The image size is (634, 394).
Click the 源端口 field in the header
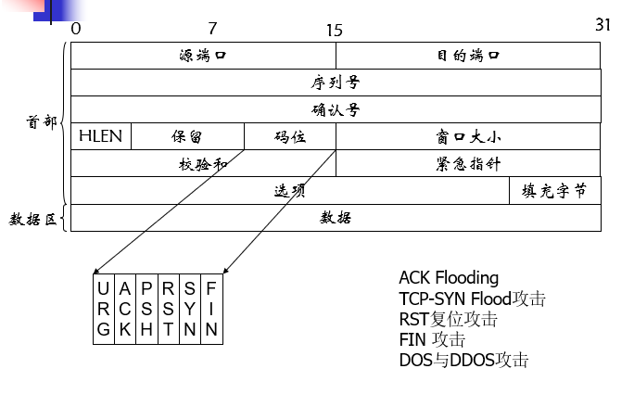click(x=203, y=56)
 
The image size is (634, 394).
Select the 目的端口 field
click(x=468, y=56)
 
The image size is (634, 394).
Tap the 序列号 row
click(x=336, y=83)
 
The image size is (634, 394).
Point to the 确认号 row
click(x=336, y=109)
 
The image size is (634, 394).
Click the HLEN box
click(x=100, y=136)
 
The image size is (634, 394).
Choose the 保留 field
click(x=187, y=136)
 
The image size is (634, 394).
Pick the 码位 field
click(x=290, y=136)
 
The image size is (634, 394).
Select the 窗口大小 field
click(x=468, y=136)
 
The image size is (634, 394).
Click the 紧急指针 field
click(x=468, y=163)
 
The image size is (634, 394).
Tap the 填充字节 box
click(x=554, y=190)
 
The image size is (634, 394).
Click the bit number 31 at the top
click(x=602, y=25)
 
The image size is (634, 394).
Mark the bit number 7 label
click(x=212, y=29)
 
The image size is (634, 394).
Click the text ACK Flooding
click(x=449, y=277)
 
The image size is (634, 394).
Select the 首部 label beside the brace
click(x=41, y=121)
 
